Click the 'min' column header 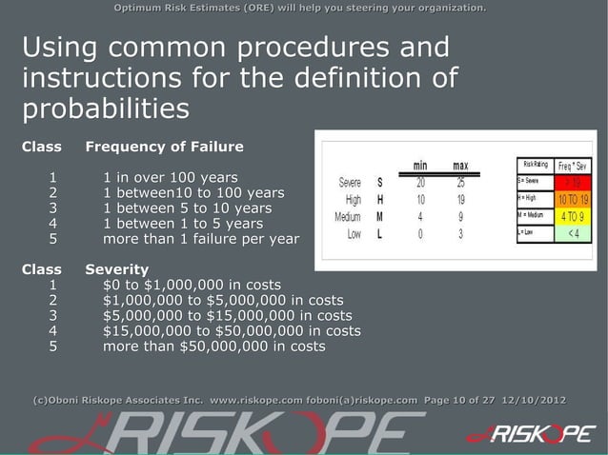tap(419, 165)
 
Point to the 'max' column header tap(460, 165)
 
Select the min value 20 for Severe tap(420, 182)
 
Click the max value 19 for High tap(460, 199)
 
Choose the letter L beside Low tap(380, 233)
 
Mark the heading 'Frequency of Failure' tap(164, 147)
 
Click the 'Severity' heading tap(116, 269)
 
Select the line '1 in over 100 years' tap(171, 177)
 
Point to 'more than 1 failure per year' tap(200, 239)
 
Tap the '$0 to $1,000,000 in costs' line tap(192, 285)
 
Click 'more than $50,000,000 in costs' tap(213, 346)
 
